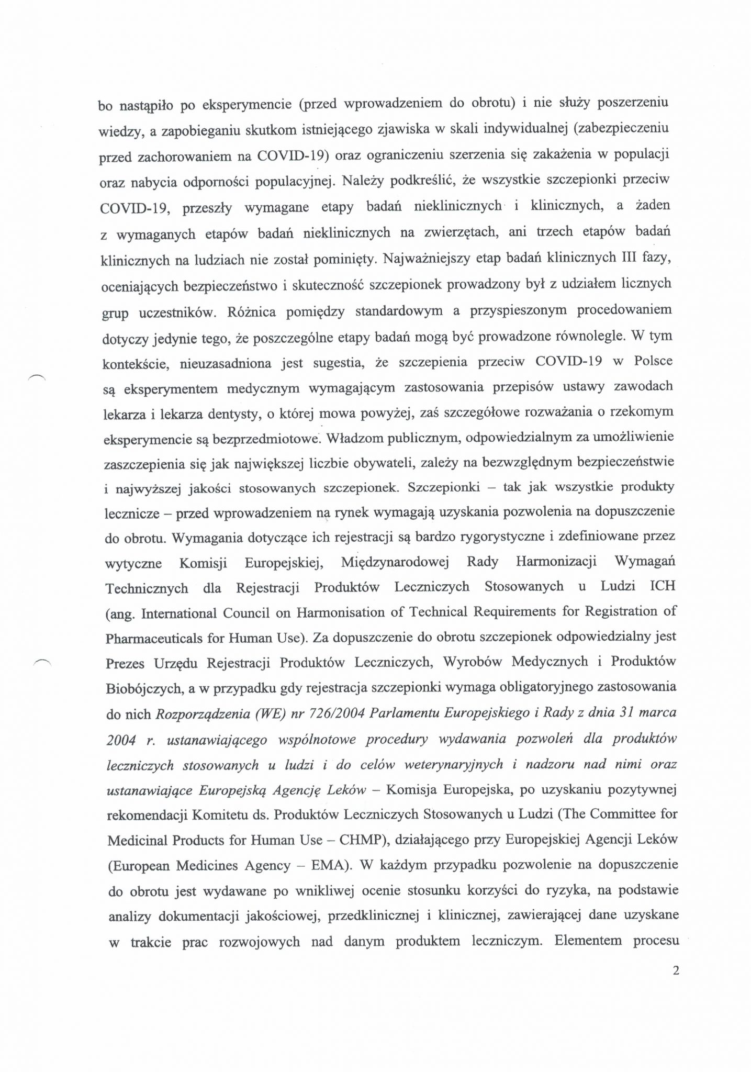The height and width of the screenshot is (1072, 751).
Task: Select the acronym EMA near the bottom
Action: (328, 865)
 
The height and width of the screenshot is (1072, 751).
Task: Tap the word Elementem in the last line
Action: (588, 941)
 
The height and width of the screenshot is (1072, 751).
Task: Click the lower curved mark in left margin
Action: (41, 662)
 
